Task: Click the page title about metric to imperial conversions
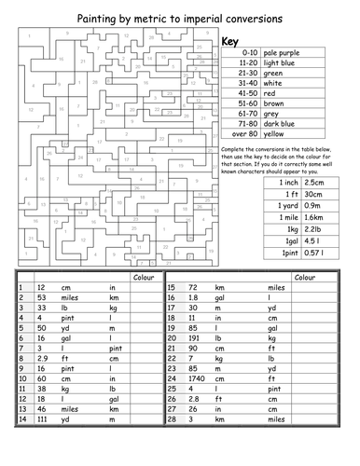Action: [179, 11]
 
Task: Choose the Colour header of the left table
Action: [145, 277]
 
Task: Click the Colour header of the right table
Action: [305, 277]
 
